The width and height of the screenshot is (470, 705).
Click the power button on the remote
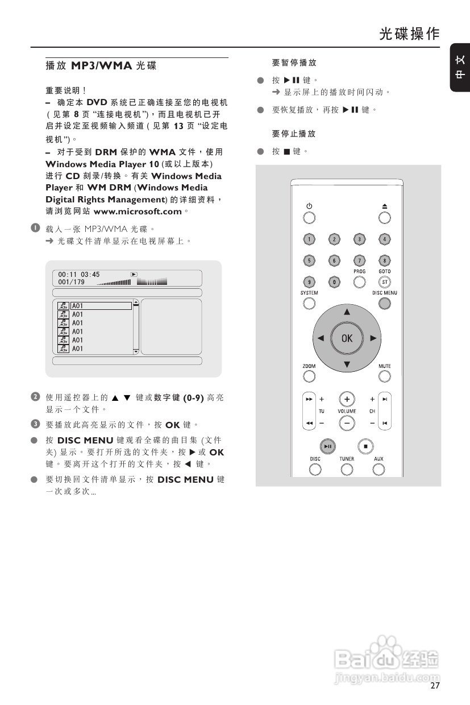(309, 218)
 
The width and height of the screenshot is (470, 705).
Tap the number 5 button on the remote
(309, 260)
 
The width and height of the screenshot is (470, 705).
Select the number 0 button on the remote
(334, 281)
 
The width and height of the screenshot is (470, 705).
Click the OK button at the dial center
(347, 338)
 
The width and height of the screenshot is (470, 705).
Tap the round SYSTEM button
(309, 304)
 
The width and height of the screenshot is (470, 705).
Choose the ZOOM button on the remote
(309, 376)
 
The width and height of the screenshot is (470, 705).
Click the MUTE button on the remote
(385, 376)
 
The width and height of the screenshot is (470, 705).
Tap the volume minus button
(347, 423)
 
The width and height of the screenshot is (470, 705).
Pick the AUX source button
(379, 469)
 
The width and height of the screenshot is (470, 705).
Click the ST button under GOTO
(385, 281)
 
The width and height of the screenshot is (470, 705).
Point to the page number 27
(435, 686)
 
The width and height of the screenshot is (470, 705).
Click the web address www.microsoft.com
(137, 212)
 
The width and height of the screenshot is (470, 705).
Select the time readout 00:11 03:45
(78, 275)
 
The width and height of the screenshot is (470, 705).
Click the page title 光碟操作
(409, 34)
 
